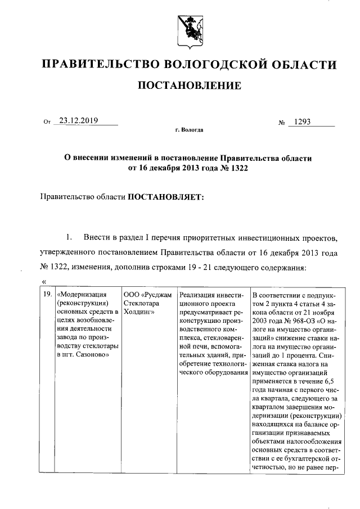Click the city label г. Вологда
point(189,130)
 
